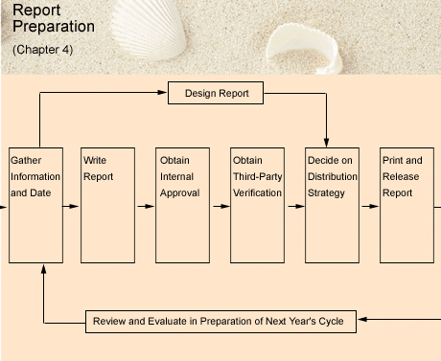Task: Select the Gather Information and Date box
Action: pyautogui.click(x=35, y=205)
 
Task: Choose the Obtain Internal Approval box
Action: pyautogui.click(x=182, y=205)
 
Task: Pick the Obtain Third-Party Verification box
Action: pyautogui.click(x=257, y=205)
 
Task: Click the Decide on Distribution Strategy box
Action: pyautogui.click(x=332, y=205)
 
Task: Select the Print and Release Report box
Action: pyautogui.click(x=406, y=205)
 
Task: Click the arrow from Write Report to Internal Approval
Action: pyautogui.click(x=145, y=205)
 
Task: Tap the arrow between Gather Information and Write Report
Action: pyautogui.click(x=70, y=205)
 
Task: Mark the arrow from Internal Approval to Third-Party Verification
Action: pyautogui.click(x=220, y=205)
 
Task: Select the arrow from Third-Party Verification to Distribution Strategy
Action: pyautogui.click(x=294, y=205)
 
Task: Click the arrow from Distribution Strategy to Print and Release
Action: pyautogui.click(x=369, y=205)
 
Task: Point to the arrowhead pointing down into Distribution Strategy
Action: pyautogui.click(x=327, y=143)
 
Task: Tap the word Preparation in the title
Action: pyautogui.click(x=54, y=27)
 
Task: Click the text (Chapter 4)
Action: pyautogui.click(x=42, y=49)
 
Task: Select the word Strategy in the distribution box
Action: pyautogui.click(x=326, y=193)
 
